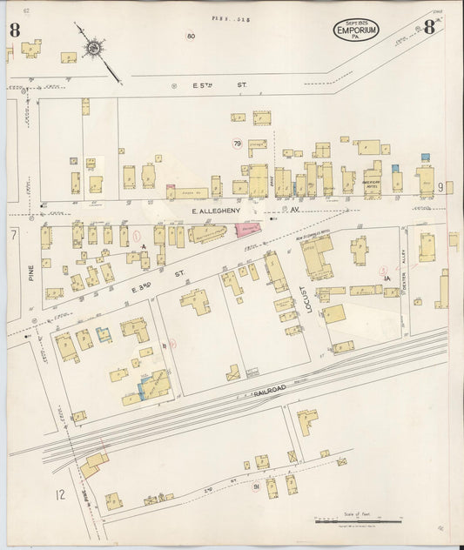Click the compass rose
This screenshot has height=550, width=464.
(92, 46)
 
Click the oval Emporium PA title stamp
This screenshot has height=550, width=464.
(357, 30)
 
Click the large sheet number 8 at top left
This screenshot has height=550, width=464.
(15, 30)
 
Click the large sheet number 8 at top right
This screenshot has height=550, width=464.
(429, 27)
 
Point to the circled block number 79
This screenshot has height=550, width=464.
(237, 143)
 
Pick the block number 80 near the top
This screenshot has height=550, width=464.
(191, 36)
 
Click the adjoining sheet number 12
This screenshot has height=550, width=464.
(59, 495)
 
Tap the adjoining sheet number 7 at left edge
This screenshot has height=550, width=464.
(13, 235)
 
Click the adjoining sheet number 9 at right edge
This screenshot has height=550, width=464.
(441, 186)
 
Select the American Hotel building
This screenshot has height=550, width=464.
(373, 181)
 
